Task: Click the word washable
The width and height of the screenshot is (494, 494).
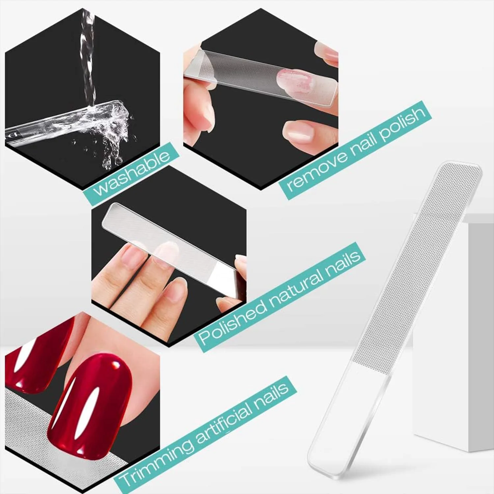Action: [132, 174]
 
